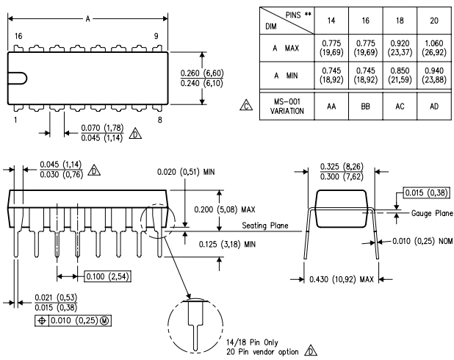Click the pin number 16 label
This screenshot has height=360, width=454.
pyautogui.click(x=17, y=35)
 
